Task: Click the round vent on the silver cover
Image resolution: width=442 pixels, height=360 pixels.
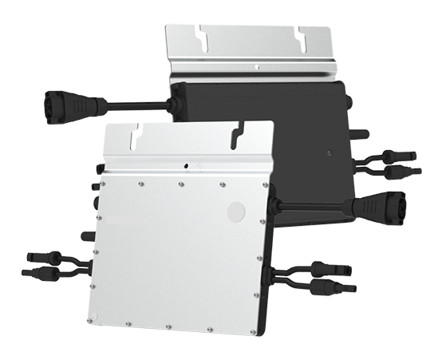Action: pos(236,211)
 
